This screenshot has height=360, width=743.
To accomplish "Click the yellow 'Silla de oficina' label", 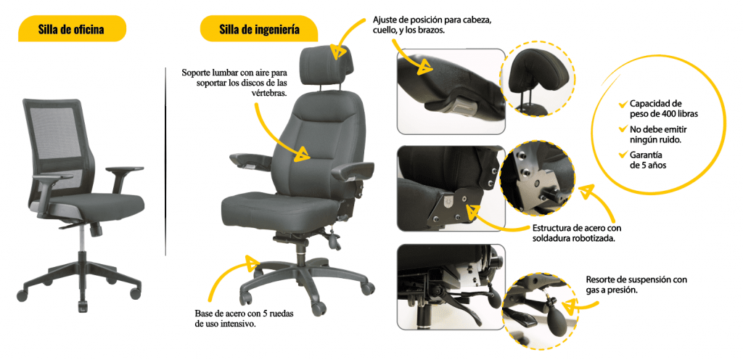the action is pos(72,29).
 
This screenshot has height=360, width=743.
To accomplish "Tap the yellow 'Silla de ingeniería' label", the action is pos(259,29).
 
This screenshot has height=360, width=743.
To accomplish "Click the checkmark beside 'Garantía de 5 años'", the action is pos(623,155).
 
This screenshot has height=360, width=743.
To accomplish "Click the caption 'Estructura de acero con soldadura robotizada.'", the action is pos(573,232).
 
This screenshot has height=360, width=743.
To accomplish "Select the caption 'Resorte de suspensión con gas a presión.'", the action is pos(636,285).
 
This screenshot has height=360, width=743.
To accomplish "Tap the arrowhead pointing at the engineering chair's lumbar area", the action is pos(302,153).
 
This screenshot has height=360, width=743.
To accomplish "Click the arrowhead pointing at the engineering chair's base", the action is pos(253,263).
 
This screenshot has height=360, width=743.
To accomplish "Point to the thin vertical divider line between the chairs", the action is pos(166,162).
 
